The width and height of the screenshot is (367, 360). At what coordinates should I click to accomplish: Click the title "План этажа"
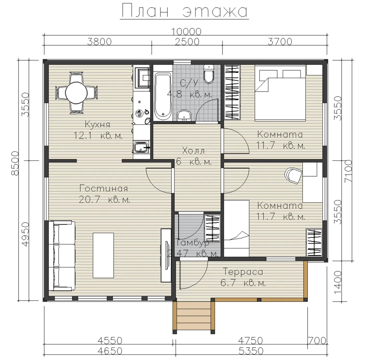[x=185, y=11]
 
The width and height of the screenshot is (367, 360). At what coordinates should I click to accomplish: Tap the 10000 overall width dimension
[x=186, y=32]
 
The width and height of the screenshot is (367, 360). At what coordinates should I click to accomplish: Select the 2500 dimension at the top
[x=187, y=42]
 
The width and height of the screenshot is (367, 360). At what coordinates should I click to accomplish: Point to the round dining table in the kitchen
[x=76, y=93]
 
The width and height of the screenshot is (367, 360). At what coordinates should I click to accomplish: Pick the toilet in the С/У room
[x=209, y=74]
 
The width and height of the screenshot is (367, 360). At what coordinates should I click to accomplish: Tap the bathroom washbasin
[x=184, y=116]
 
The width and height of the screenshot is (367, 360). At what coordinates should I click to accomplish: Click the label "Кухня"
[x=97, y=124]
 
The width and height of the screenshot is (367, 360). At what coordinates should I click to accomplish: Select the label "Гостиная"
[x=104, y=188]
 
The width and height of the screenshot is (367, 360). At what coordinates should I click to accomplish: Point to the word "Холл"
[x=193, y=151]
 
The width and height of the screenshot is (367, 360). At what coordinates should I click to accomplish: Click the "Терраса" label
[x=243, y=272]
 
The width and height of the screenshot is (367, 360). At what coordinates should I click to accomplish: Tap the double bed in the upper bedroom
[x=280, y=93]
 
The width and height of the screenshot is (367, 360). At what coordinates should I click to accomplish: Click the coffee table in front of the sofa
[x=103, y=255]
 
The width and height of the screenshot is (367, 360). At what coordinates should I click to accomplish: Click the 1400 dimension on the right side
[x=337, y=283]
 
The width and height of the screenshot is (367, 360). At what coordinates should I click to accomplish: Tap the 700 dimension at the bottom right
[x=317, y=341]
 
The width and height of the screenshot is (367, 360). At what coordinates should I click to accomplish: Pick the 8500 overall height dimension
[x=15, y=163]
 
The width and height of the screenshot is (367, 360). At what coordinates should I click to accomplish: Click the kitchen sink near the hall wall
[x=141, y=147]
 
